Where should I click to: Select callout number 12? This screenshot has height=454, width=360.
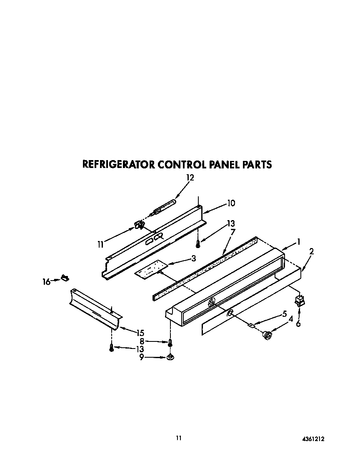pyautogui.click(x=190, y=178)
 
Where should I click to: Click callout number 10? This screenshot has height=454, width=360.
pyautogui.click(x=231, y=203)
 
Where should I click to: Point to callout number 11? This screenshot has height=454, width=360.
pyautogui.click(x=100, y=244)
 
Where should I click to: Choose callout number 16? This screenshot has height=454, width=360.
pyautogui.click(x=46, y=282)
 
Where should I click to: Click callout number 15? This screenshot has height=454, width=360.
pyautogui.click(x=140, y=332)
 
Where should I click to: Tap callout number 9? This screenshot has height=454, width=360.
pyautogui.click(x=142, y=357)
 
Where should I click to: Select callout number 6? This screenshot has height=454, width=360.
pyautogui.click(x=298, y=323)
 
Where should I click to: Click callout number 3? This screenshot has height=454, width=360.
pyautogui.click(x=193, y=258)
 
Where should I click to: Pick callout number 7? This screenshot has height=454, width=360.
pyautogui.click(x=233, y=232)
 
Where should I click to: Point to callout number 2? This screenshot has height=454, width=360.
pyautogui.click(x=311, y=251)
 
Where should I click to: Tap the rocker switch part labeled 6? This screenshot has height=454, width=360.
pyautogui.click(x=299, y=300)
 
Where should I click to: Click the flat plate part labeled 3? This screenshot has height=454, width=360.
pyautogui.click(x=150, y=270)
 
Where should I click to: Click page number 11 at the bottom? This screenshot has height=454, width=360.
pyautogui.click(x=179, y=438)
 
